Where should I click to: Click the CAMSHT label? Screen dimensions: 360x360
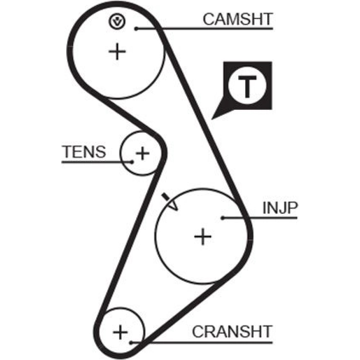(x=238, y=19)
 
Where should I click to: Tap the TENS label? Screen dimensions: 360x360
(x=84, y=152)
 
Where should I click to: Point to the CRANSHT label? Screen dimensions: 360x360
(x=232, y=331)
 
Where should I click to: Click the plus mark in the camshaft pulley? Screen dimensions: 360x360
(x=117, y=52)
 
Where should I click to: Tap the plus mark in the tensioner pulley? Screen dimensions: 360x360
(x=143, y=154)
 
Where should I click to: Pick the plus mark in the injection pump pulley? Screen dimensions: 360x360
(x=203, y=237)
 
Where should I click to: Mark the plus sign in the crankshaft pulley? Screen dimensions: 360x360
(x=121, y=331)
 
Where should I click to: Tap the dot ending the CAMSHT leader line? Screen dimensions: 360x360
(x=136, y=28)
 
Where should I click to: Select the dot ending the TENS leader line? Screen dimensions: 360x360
(x=132, y=162)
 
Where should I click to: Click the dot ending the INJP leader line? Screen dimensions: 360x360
(x=223, y=217)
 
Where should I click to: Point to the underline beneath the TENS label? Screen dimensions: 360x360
(x=94, y=162)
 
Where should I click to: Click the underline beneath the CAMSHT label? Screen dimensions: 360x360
(x=216, y=28)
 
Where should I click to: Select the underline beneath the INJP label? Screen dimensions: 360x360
(x=270, y=217)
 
